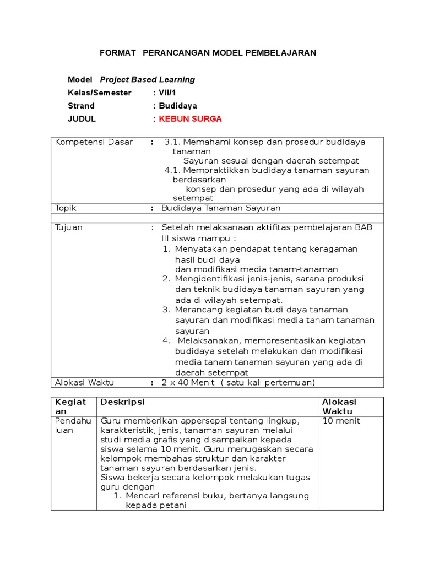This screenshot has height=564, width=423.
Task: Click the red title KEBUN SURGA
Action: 190,119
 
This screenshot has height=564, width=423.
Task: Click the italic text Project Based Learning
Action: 147,79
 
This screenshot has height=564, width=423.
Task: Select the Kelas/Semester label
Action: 99,93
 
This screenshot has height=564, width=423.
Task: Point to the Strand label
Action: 81,106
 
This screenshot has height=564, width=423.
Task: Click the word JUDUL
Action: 82,119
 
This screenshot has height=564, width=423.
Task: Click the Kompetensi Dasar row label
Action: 94,142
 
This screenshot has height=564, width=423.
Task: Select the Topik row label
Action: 66,208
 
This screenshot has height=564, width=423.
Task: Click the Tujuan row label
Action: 69,227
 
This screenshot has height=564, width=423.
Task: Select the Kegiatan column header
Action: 70,406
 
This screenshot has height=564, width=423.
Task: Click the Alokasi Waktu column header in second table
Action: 339,406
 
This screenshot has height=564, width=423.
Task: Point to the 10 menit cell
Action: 341,421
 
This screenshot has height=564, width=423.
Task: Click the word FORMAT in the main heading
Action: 117,53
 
